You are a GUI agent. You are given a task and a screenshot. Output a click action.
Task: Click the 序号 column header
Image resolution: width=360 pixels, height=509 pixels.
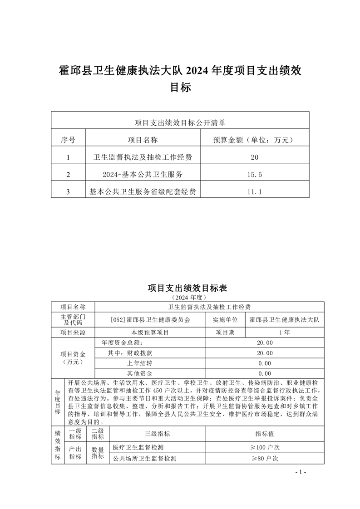[x=68, y=140]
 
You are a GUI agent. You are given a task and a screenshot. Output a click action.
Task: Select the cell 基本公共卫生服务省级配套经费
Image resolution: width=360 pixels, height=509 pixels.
[x=143, y=192]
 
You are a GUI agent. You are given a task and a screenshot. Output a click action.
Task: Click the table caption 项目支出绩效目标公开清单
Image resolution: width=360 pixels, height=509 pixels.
[x=180, y=122]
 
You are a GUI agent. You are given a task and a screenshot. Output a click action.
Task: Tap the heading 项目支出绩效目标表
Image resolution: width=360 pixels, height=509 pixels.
[x=180, y=288]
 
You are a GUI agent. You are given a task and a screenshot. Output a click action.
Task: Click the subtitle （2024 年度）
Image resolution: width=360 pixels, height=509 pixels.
[x=180, y=297]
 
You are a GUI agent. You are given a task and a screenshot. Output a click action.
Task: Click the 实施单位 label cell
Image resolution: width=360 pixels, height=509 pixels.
[x=225, y=319]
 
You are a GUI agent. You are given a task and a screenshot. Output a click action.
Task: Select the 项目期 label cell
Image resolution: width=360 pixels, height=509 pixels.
[x=225, y=333]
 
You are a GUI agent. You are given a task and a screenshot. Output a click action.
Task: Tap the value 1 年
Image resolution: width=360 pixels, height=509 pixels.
[x=285, y=333]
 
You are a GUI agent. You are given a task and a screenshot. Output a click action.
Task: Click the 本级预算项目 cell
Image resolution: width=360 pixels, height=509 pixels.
[x=150, y=333]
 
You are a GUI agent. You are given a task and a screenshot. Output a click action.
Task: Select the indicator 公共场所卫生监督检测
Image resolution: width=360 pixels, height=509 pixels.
[x=144, y=459]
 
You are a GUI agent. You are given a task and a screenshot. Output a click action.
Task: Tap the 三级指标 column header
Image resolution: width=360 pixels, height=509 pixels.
[x=157, y=434]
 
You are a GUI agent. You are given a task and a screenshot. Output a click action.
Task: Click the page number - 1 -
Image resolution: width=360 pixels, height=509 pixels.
[x=301, y=472]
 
